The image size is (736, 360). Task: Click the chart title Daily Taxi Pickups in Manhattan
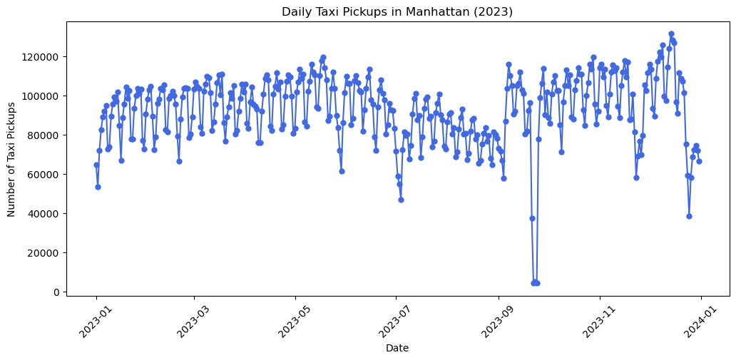[x=397, y=11]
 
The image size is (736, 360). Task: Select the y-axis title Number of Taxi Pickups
[x=11, y=158]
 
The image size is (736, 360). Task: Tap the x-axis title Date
[x=397, y=348]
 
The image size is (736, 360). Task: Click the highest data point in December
[x=671, y=34]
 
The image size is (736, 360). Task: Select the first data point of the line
[x=96, y=165]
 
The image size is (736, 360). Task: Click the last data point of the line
[x=699, y=161]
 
